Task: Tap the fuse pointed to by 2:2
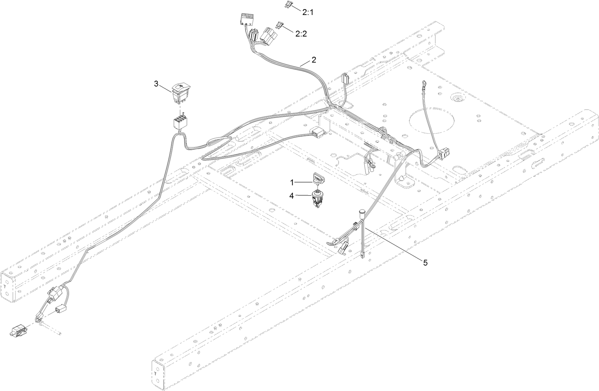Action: click(281, 25)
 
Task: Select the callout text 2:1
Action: click(308, 12)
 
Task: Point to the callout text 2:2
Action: click(301, 34)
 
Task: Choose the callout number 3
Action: click(156, 84)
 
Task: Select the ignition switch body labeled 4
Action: click(318, 199)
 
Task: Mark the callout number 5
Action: click(425, 262)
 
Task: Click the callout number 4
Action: click(291, 196)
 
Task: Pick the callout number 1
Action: click(292, 181)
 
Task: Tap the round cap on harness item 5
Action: click(362, 211)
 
